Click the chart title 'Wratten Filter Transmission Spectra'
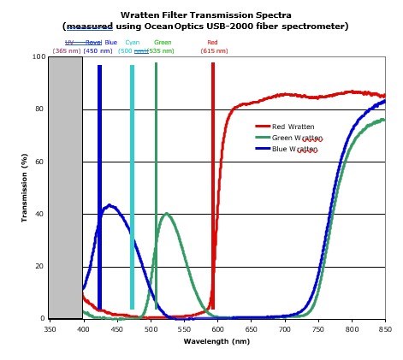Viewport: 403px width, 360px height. pos(204,15)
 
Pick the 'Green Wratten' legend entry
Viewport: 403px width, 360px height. pos(296,138)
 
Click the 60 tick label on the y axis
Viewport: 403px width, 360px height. pos(40,162)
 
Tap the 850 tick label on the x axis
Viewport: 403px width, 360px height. pos(384,328)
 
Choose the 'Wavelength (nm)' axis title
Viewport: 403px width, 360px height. pos(216,341)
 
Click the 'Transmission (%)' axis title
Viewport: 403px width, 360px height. pos(26,188)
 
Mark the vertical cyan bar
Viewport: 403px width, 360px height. pos(132,186)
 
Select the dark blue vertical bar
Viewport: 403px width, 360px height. pos(99,186)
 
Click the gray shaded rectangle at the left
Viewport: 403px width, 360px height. pos(65,188)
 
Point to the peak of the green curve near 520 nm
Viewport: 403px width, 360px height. pos(166,214)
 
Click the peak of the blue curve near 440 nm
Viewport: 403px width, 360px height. pos(110,205)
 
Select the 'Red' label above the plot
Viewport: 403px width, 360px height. pos(213,42)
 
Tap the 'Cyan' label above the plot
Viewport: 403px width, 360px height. pos(133,42)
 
